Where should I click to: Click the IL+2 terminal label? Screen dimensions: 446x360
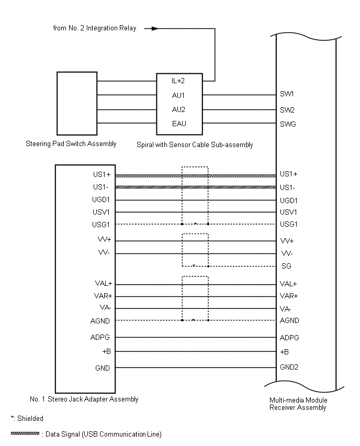(178, 81)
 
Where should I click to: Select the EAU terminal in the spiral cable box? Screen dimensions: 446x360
(178, 124)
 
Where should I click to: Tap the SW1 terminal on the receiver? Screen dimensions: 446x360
(287, 95)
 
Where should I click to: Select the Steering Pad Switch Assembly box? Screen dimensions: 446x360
(76, 103)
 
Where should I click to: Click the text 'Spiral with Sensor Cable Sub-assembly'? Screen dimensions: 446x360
(194, 144)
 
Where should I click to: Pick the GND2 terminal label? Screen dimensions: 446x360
(289, 367)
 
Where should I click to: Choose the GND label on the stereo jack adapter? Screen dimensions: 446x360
(102, 368)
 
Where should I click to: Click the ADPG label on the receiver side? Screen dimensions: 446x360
(289, 338)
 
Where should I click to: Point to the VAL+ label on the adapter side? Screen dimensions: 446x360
(101, 284)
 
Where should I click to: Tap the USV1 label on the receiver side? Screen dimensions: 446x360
(289, 212)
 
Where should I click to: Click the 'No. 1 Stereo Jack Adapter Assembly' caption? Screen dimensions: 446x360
(84, 399)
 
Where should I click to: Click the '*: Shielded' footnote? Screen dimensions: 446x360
(27, 418)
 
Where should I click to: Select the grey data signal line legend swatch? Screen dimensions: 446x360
(25, 434)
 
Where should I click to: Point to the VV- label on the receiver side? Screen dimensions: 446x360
(287, 254)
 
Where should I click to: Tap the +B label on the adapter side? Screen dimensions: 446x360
(105, 352)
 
